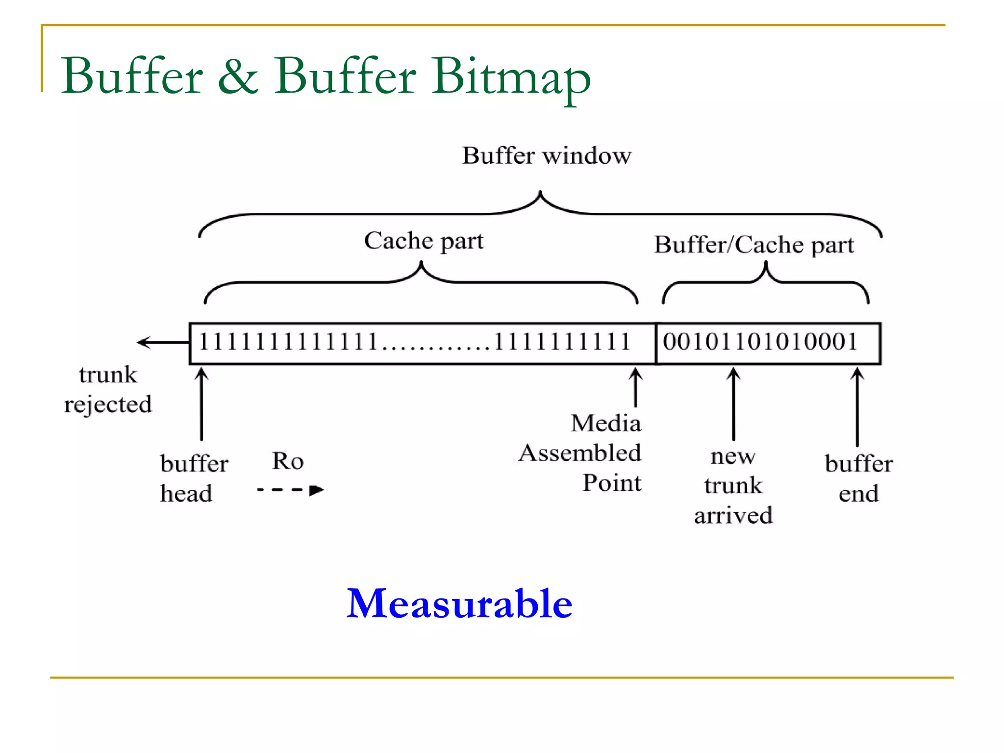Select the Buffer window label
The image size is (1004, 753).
pos(547,156)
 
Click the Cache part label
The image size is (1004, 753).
pos(424,241)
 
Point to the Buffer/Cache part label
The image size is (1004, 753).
pos(754,245)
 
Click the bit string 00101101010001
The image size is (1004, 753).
pos(760,342)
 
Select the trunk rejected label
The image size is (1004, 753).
pos(108,390)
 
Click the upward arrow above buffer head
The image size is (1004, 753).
pos(201,404)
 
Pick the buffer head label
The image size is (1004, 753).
pos(194,478)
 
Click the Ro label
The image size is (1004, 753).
pos(288,461)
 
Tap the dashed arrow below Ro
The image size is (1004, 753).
pos(290,490)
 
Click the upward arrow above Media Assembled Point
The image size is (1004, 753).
pos(636,387)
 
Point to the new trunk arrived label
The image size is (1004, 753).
pos(733,485)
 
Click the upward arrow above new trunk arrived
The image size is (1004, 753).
pos(733,404)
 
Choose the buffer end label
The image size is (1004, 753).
pos(858,478)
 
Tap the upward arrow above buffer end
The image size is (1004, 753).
pos(857,406)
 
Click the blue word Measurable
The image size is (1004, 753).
pos(459,603)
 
